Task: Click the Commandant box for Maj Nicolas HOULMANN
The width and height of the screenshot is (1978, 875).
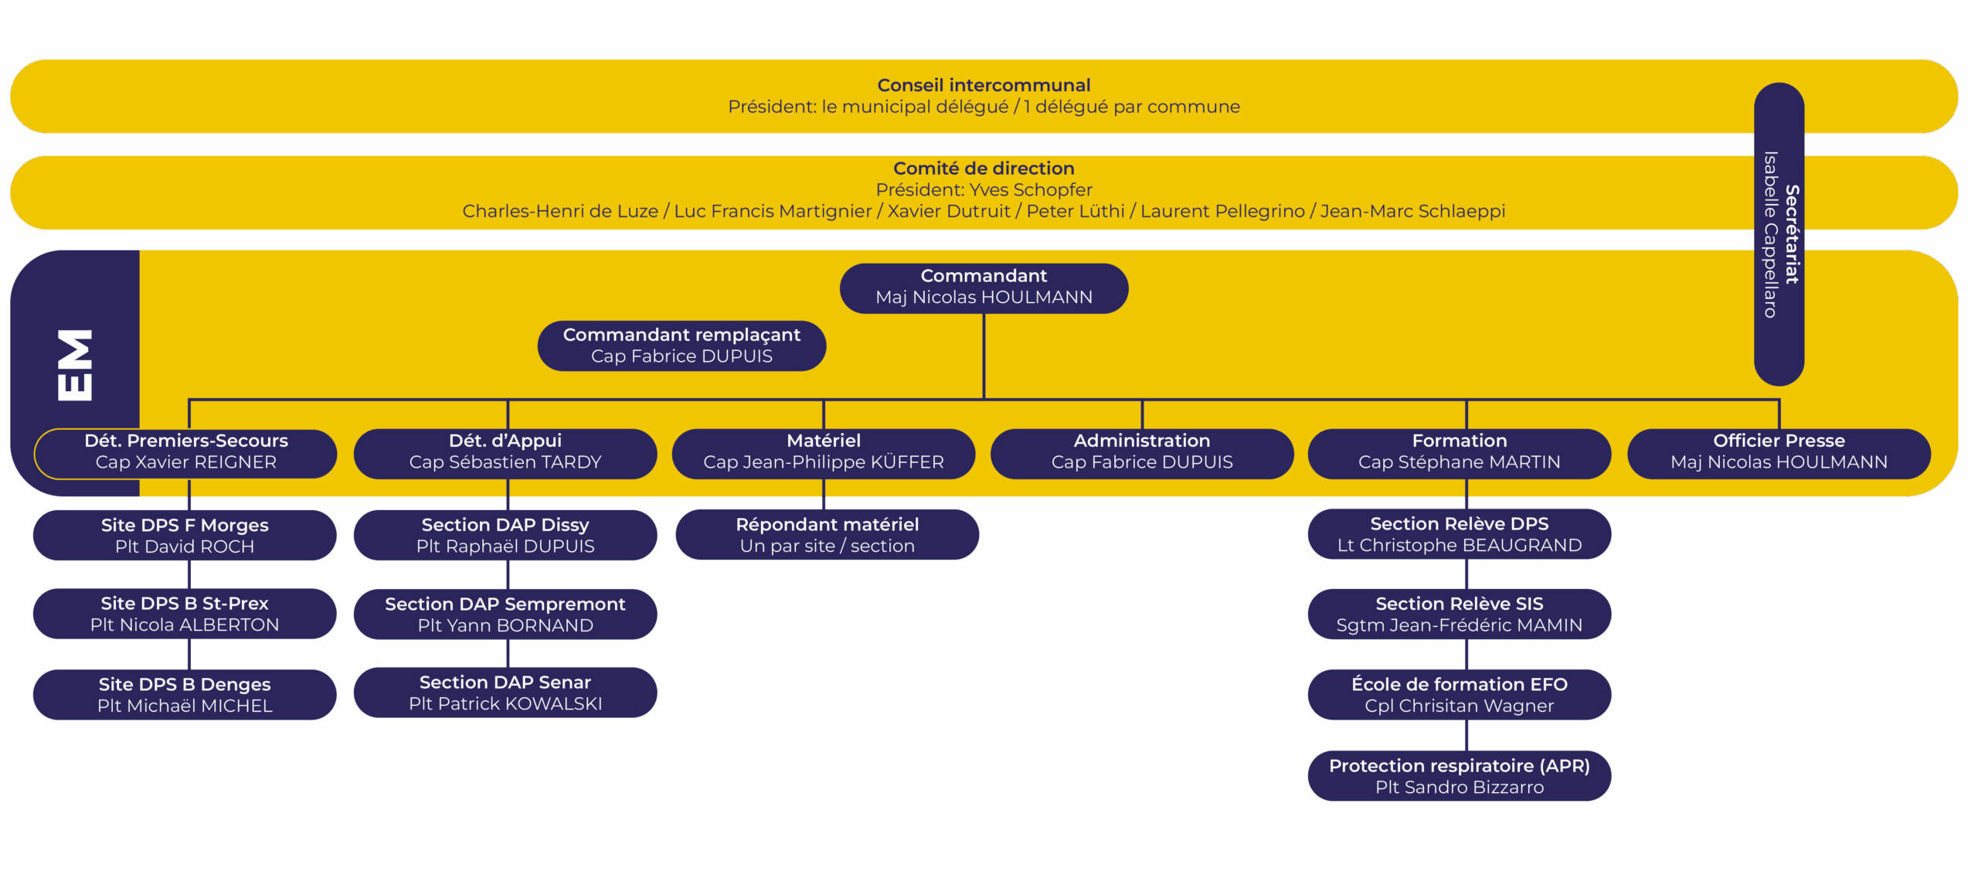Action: click(984, 288)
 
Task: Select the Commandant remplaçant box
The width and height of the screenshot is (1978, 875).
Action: click(681, 346)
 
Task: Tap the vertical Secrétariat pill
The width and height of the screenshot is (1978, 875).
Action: click(1779, 234)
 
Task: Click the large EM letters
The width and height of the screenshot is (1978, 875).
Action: click(75, 366)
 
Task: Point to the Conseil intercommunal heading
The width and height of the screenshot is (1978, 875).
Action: click(984, 85)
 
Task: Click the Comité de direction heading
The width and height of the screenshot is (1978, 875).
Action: click(984, 169)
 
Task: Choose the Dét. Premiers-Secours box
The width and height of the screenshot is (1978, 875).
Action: click(185, 452)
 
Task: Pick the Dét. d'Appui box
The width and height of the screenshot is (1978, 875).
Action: click(505, 452)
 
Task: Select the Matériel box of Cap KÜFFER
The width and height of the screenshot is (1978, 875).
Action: click(824, 452)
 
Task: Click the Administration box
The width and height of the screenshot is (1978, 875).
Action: click(1142, 452)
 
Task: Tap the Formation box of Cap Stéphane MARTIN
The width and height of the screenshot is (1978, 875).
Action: click(1460, 452)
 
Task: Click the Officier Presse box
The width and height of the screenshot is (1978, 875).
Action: click(1779, 452)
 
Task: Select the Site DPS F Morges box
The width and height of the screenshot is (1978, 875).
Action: click(185, 536)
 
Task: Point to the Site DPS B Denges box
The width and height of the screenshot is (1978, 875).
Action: click(185, 695)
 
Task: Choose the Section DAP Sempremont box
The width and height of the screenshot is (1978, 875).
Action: click(505, 615)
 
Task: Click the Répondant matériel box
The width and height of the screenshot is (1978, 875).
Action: click(828, 535)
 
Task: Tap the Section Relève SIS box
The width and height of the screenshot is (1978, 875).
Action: click(1460, 615)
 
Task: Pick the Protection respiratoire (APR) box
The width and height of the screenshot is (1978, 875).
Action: click(1460, 776)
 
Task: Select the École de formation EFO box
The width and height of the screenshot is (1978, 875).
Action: click(1460, 695)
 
